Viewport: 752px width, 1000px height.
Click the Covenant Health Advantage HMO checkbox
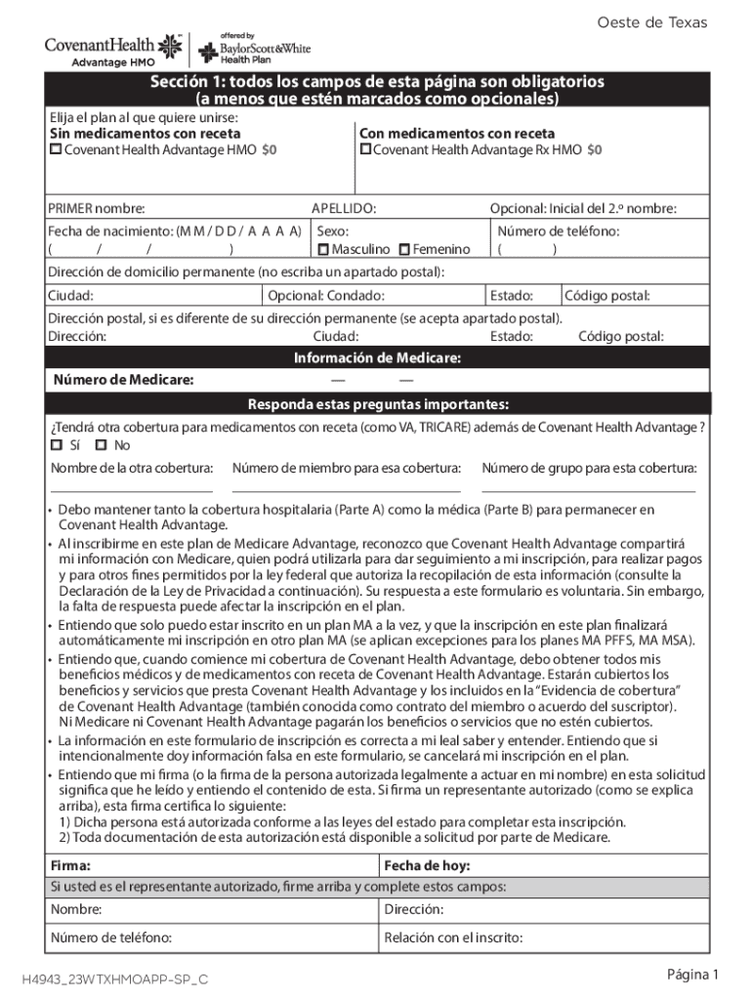[x=56, y=149]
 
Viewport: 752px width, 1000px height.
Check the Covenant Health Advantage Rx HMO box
[x=365, y=149]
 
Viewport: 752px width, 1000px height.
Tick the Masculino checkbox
[x=323, y=250]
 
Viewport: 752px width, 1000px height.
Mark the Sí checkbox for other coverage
[x=56, y=445]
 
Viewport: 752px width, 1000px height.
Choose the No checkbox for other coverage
[x=101, y=445]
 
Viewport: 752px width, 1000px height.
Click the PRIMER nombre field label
[x=97, y=208]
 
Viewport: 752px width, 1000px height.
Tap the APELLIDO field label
[x=343, y=208]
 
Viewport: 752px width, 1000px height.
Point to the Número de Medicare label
[x=123, y=380]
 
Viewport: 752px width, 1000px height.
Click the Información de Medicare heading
[x=377, y=358]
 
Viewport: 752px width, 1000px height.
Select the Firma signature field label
[x=71, y=865]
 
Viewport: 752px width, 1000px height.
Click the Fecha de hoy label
[x=427, y=865]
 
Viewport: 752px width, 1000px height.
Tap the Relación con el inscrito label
[x=453, y=938]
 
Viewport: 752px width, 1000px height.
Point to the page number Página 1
[x=692, y=975]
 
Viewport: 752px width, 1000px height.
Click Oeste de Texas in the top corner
[x=665, y=22]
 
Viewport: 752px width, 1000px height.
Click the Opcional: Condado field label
[x=326, y=296]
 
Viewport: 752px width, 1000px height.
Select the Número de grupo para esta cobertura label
[x=589, y=468]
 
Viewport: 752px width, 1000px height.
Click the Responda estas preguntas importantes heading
[x=377, y=404]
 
